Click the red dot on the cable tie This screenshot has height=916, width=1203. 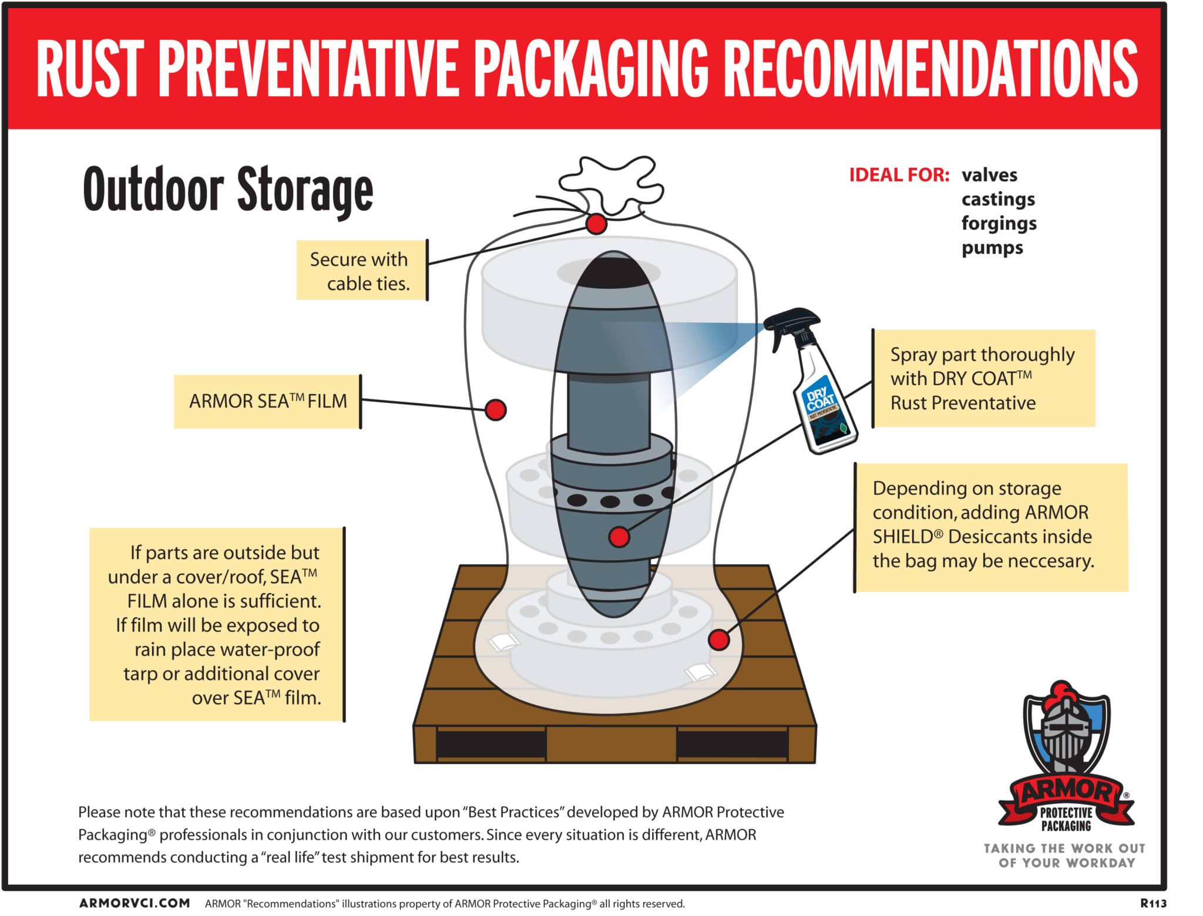coord(596,224)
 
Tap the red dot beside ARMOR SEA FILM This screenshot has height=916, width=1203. coord(496,410)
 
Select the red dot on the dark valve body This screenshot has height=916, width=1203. coord(619,537)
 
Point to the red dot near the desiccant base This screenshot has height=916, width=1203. coord(719,639)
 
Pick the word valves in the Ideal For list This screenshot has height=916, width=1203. coord(989,175)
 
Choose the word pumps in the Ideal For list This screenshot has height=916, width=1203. coord(992,248)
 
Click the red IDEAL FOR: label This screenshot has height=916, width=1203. coord(899,175)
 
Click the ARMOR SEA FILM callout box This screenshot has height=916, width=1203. coord(268,402)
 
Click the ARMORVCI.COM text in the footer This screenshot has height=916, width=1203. coord(135,903)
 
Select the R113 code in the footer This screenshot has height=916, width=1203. coord(1154,903)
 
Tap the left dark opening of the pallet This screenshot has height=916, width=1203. coord(491,745)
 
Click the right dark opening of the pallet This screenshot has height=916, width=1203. coord(732,745)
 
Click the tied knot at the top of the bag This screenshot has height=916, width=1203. coord(611,185)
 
